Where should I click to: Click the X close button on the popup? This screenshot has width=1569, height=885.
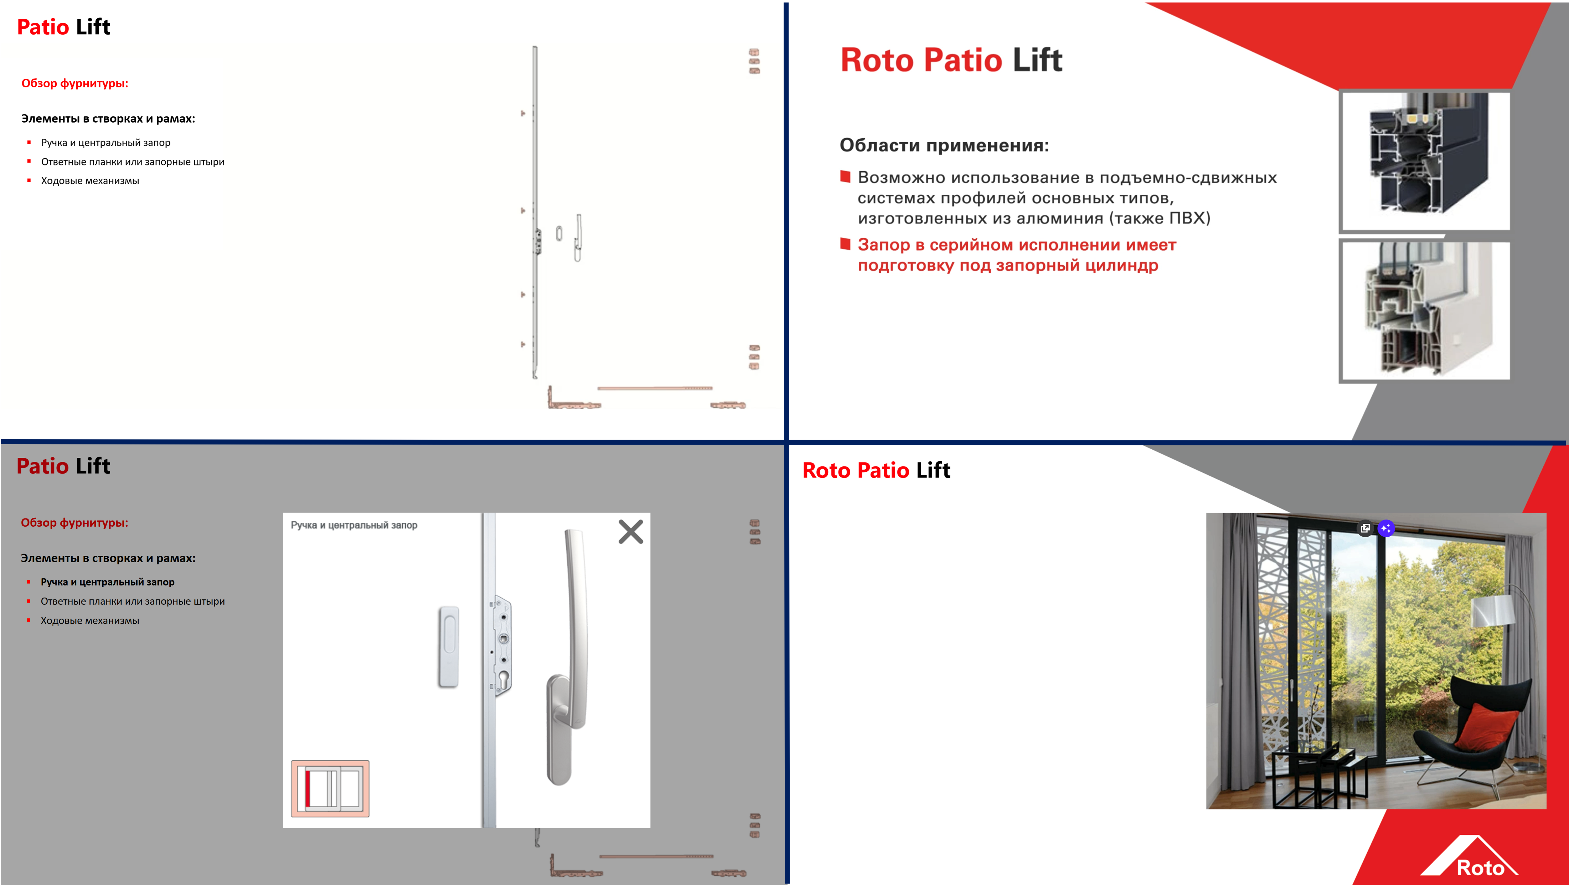[630, 532]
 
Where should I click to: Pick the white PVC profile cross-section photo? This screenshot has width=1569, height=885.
[1425, 311]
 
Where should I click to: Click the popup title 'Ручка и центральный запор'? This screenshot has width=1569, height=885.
[354, 525]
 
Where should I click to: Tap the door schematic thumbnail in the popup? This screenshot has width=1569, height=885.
[330, 788]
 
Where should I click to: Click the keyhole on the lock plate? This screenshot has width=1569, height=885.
[503, 679]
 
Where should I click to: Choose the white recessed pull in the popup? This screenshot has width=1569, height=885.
[448, 647]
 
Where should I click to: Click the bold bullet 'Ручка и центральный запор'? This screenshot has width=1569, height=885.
[107, 582]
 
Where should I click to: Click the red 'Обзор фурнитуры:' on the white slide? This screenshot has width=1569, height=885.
[75, 83]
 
